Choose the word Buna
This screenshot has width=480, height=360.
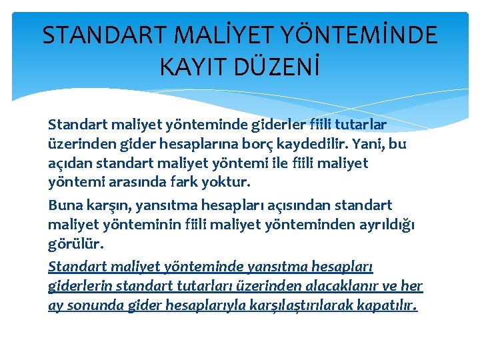(65, 205)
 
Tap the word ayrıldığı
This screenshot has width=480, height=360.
(383, 226)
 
